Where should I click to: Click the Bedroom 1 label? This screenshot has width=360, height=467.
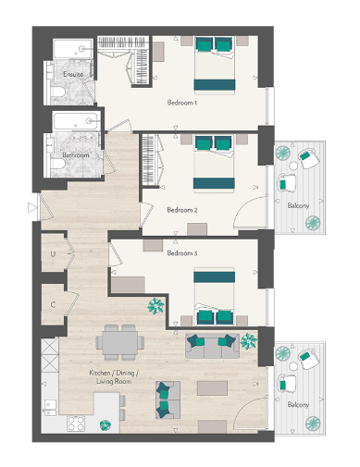[181, 102]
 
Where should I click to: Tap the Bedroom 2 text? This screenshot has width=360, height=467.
[181, 210]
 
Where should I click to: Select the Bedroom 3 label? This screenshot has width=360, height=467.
[181, 252]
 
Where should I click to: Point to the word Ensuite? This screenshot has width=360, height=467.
[73, 74]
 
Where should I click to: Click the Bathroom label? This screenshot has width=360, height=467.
[75, 155]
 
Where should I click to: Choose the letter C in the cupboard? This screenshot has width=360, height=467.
[54, 303]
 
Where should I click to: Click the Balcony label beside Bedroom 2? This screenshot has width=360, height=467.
[297, 204]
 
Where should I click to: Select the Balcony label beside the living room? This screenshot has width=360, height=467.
[297, 405]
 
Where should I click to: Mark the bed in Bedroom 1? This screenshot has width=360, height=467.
[215, 64]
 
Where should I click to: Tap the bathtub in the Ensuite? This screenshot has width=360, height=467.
[73, 49]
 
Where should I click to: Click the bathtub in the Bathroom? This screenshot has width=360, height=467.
[73, 121]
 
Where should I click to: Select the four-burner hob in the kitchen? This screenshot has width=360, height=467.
[77, 424]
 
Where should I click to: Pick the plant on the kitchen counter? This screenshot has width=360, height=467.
[106, 424]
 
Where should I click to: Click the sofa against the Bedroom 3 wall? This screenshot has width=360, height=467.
[210, 345]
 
